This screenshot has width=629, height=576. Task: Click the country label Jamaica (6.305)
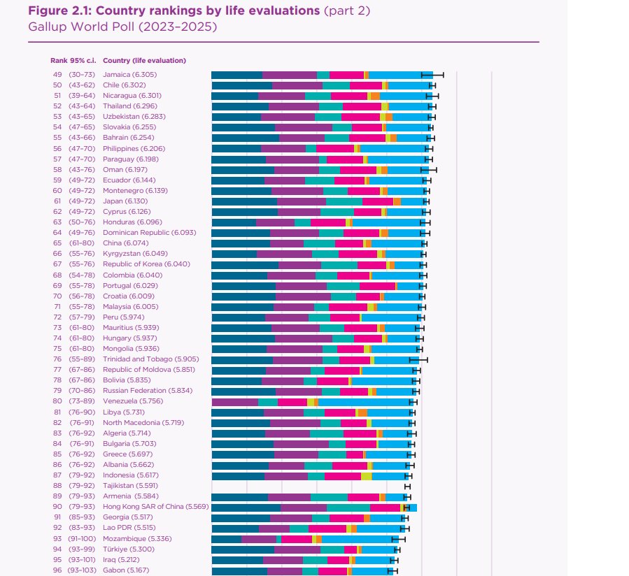point(129,75)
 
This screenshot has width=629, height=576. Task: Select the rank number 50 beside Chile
point(57,85)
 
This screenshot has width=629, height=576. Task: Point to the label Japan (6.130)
point(125,201)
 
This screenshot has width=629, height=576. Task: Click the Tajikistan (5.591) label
point(130,486)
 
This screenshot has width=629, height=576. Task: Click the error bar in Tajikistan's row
point(408,486)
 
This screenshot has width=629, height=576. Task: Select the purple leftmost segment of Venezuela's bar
point(235,402)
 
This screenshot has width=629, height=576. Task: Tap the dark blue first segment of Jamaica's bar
point(236,75)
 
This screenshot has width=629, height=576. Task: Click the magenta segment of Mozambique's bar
point(296,539)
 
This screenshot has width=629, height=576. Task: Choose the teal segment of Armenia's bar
point(329,497)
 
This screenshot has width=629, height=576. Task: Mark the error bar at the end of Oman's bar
point(429,170)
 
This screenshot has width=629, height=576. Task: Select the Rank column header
point(58,61)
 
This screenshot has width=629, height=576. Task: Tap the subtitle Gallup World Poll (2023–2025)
point(122,27)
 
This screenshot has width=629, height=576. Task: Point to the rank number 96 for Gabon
point(57,570)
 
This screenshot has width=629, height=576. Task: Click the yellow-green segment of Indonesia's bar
point(366,476)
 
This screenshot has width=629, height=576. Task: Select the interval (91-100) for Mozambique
point(83,539)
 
